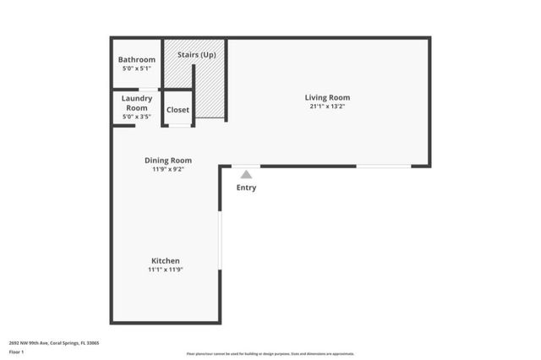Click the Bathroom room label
click(137, 60)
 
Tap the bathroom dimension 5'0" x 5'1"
click(137, 68)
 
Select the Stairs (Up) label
click(195, 55)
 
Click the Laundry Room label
click(137, 103)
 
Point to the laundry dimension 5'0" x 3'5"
click(137, 117)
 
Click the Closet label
click(178, 110)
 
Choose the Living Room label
click(327, 98)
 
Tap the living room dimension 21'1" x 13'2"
click(327, 107)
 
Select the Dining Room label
click(167, 161)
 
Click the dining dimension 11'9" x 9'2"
click(167, 170)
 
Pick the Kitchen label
click(165, 260)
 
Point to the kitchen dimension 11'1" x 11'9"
click(166, 270)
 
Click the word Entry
click(246, 188)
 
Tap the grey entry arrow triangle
click(246, 174)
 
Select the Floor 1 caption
click(18, 353)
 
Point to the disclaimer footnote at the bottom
click(270, 354)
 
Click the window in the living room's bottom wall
click(383, 166)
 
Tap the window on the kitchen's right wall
click(221, 240)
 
